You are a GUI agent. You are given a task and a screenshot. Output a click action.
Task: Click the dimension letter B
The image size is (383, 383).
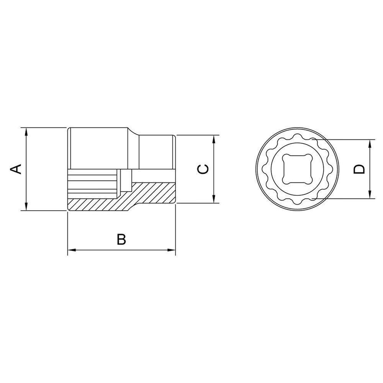(x=121, y=239)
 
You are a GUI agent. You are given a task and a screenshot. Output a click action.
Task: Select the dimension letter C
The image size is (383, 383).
(x=204, y=169)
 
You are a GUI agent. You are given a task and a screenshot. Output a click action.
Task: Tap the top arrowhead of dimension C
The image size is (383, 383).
(x=214, y=139)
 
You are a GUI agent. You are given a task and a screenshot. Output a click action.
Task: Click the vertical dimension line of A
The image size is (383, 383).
(x=26, y=184)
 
